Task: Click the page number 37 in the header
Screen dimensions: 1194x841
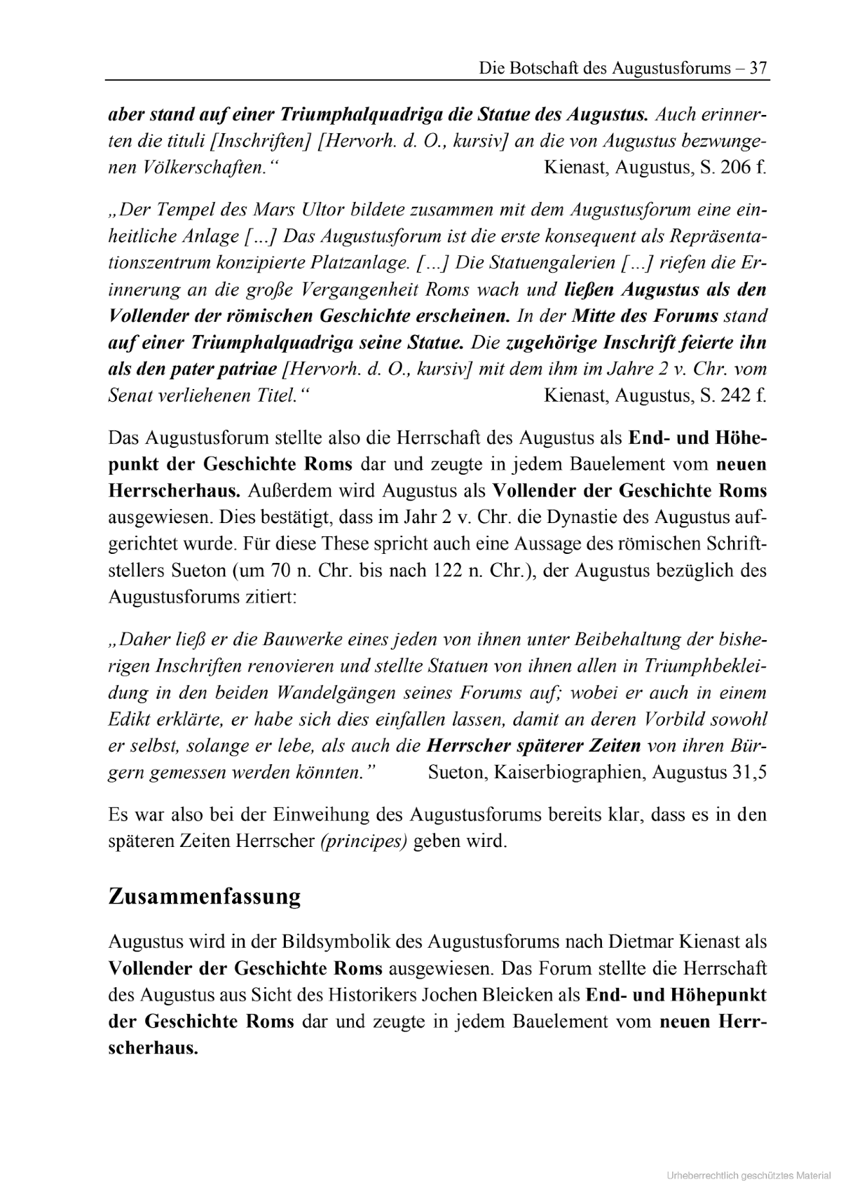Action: click(x=758, y=68)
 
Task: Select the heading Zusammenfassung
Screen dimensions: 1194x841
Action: click(x=205, y=897)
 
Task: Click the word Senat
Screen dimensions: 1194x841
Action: click(x=130, y=395)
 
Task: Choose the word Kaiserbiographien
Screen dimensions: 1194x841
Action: click(x=569, y=773)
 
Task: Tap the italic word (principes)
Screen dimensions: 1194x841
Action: click(x=364, y=841)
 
